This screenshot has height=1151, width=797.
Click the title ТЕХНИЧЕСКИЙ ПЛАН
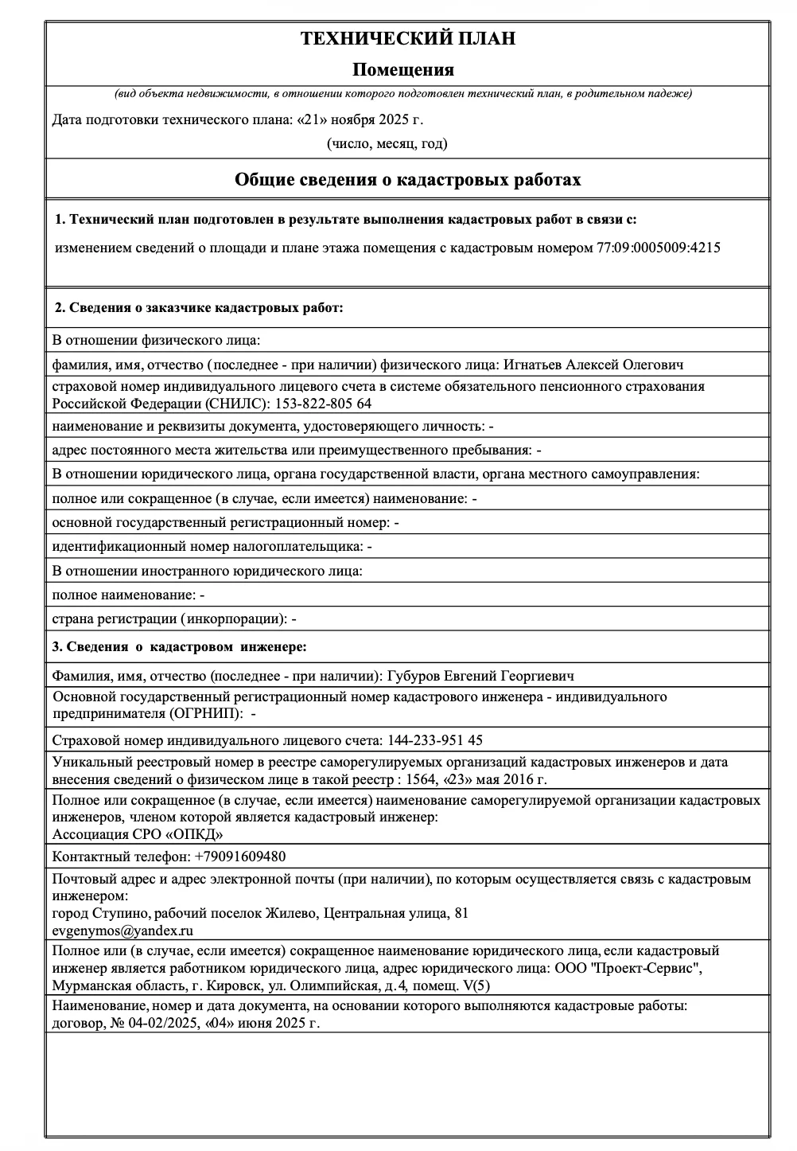coord(407,38)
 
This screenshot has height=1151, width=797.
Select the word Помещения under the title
coord(403,70)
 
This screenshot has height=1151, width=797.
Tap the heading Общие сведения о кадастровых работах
coord(407,180)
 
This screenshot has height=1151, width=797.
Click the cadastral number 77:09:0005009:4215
coord(658,248)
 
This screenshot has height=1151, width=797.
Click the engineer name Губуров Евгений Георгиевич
coord(480,676)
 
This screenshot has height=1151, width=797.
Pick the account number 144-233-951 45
coord(434,739)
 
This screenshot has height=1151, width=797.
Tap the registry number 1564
coord(420,779)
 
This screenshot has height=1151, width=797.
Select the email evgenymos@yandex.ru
coord(122,931)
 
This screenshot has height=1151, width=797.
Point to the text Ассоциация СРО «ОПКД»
coord(138,834)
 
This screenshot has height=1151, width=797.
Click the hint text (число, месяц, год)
coord(387,143)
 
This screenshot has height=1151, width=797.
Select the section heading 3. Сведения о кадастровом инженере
coord(179,646)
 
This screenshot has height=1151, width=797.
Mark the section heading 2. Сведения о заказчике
coord(198,307)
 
